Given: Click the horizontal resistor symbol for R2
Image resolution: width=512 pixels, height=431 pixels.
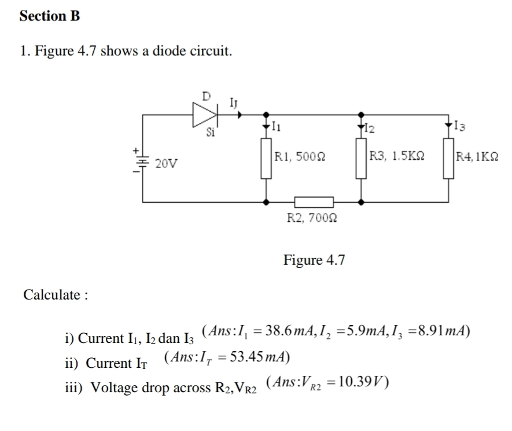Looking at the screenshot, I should click(314, 203).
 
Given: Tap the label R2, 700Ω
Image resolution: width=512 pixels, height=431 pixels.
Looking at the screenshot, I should click(313, 219).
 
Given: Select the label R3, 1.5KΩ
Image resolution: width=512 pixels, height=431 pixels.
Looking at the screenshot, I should click(397, 155).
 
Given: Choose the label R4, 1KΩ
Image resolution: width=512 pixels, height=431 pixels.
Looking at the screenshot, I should click(478, 155).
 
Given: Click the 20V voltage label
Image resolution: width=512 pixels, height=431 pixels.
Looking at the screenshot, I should click(166, 165).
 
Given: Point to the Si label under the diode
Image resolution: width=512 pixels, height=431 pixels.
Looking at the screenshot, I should click(211, 133).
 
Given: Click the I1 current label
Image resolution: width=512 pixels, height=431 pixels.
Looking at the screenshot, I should click(275, 126).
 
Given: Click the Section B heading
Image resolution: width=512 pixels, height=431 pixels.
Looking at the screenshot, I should click(49, 17).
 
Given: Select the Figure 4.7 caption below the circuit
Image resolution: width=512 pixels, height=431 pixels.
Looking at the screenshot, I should click(314, 260).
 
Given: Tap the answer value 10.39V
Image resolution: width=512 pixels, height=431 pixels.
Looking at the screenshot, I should click(359, 382).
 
